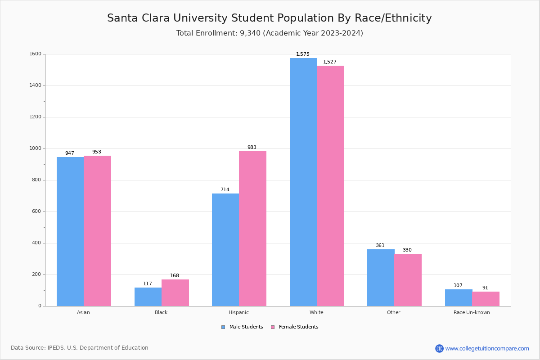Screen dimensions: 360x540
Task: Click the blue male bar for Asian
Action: [x=70, y=231]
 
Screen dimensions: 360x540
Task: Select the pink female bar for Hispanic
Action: [x=252, y=229]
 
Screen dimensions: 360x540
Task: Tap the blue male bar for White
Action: [x=303, y=182]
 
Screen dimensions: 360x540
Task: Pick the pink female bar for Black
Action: [x=175, y=292]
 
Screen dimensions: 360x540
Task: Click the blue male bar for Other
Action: [x=381, y=278]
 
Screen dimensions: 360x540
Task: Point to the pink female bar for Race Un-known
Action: [x=486, y=299]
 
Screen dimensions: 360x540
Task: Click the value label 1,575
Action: [x=303, y=54]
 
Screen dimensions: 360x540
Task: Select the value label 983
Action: [x=252, y=148]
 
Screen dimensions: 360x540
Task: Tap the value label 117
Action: [x=148, y=284]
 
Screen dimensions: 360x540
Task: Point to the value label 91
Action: [x=485, y=288]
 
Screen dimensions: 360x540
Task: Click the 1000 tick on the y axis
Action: [x=36, y=148]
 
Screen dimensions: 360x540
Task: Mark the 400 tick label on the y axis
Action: [x=36, y=243]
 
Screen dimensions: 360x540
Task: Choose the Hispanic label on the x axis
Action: [x=238, y=312]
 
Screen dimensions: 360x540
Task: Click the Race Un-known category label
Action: [x=472, y=312]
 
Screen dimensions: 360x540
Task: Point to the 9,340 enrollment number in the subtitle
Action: [x=250, y=33]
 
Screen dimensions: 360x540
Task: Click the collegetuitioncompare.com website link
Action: [x=487, y=348]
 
